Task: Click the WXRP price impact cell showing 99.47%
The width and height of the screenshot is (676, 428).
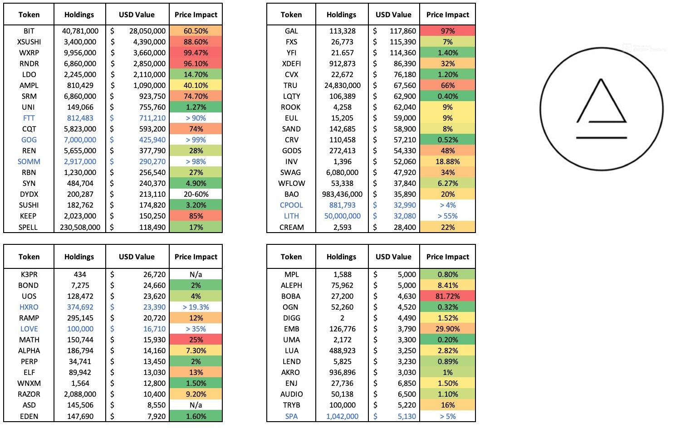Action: (x=196, y=53)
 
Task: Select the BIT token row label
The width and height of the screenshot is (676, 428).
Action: (x=29, y=31)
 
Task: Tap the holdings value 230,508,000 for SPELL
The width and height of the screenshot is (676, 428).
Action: (x=80, y=227)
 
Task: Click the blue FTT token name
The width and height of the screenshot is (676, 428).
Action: (x=29, y=118)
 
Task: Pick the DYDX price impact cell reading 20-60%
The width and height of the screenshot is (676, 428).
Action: (x=196, y=194)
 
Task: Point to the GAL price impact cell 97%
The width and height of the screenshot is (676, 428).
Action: (x=447, y=31)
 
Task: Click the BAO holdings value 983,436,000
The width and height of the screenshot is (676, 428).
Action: (x=342, y=194)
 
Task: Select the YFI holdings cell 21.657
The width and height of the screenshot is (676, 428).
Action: (x=342, y=53)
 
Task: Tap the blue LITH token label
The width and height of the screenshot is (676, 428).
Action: (x=291, y=216)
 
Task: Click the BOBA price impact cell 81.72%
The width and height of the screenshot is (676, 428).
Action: (x=447, y=296)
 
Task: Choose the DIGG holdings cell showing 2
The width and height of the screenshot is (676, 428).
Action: (x=342, y=318)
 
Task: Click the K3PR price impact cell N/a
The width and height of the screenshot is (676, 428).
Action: (x=196, y=274)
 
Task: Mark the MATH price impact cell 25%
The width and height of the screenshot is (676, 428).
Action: (x=196, y=340)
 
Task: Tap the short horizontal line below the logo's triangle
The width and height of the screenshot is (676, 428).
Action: (x=601, y=137)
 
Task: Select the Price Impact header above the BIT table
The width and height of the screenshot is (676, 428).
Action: (x=196, y=15)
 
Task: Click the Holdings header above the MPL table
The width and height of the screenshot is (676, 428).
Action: (x=341, y=257)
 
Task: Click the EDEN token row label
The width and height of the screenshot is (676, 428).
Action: (x=29, y=416)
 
